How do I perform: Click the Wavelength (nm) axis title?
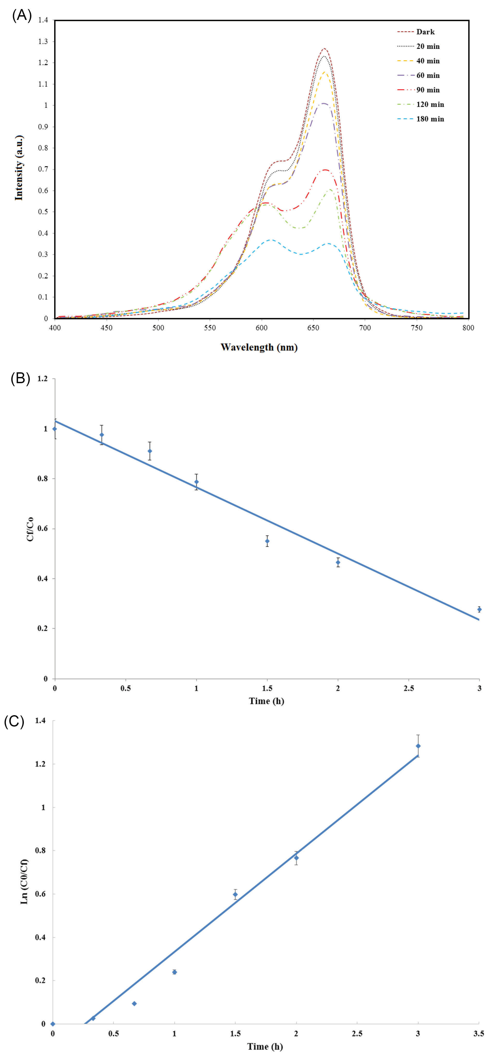259,347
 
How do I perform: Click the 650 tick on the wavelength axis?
313,327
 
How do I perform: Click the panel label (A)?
22,15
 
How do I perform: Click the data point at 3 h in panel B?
479,609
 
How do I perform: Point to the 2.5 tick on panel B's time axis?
408,688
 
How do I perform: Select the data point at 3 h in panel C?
418,746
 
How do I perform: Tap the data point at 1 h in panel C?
175,972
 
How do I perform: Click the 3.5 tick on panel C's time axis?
478,1033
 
